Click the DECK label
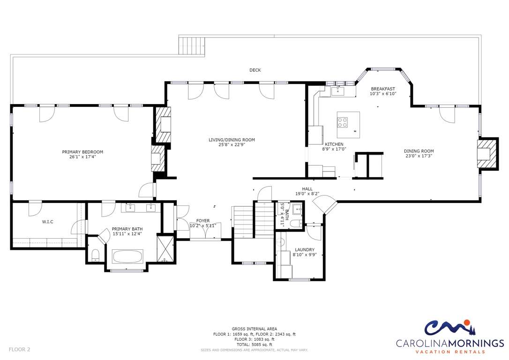(x=255, y=70)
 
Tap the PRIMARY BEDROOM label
(x=82, y=152)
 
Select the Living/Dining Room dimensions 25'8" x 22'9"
(x=232, y=145)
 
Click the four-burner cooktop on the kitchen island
(x=343, y=122)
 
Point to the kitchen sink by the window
(x=338, y=91)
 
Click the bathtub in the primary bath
(x=127, y=256)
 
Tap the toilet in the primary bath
(x=96, y=255)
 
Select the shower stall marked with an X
(x=166, y=248)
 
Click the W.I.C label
(x=47, y=222)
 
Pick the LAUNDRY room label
(x=305, y=250)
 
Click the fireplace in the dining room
(x=487, y=154)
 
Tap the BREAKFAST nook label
(x=383, y=89)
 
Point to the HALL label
(x=307, y=189)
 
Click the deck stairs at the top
(x=192, y=46)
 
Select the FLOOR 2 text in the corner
(x=20, y=350)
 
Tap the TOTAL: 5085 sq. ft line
(x=254, y=345)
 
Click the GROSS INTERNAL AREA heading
(x=254, y=329)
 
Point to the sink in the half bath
(x=297, y=210)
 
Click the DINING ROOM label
(x=419, y=151)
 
